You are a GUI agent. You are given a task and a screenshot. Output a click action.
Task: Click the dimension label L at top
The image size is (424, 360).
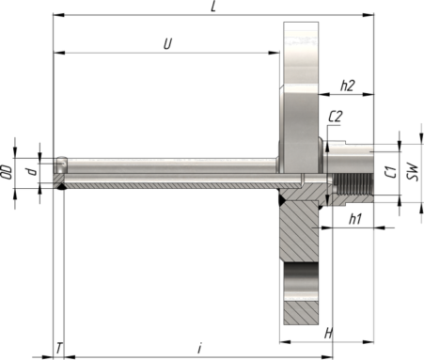point(213,7)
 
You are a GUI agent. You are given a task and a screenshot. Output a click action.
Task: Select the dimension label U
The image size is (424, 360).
point(168,44)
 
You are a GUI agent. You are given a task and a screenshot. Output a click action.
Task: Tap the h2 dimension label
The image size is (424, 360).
point(348,86)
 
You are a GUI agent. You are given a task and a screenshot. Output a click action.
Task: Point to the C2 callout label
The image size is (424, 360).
point(335,117)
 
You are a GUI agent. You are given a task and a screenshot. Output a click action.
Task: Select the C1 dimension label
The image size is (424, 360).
point(391,172)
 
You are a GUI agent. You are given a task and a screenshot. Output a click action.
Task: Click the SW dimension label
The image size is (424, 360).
point(413,171)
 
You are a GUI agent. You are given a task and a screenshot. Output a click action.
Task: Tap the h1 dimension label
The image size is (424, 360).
point(355,219)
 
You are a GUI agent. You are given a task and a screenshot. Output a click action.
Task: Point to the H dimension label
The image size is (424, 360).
point(328,334)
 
